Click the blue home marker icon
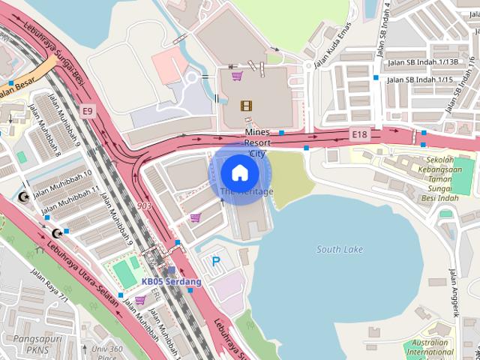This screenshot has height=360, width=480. pos(239,172)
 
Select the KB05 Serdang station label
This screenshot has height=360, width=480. pos(172,282)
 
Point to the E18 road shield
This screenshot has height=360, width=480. pos(360,134)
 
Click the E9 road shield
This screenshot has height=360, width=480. pos(88,112)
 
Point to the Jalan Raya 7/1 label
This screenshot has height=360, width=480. pos(49,286)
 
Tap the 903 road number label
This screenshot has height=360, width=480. pos(145,205)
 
